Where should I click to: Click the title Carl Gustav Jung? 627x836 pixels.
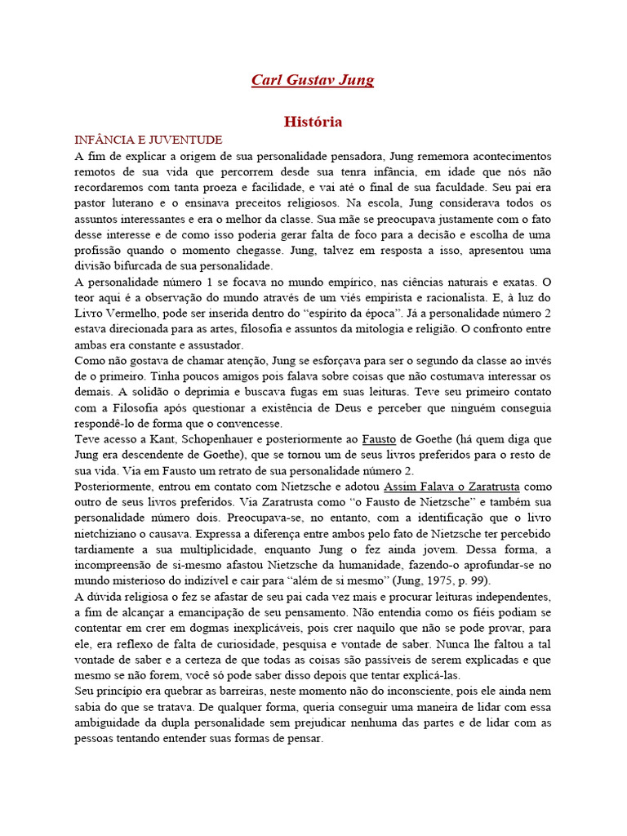(x=313, y=80)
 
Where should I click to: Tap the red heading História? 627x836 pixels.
(x=313, y=122)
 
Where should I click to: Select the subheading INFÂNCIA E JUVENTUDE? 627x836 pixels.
(x=149, y=140)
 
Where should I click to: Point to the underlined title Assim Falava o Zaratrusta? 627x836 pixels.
(x=452, y=486)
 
